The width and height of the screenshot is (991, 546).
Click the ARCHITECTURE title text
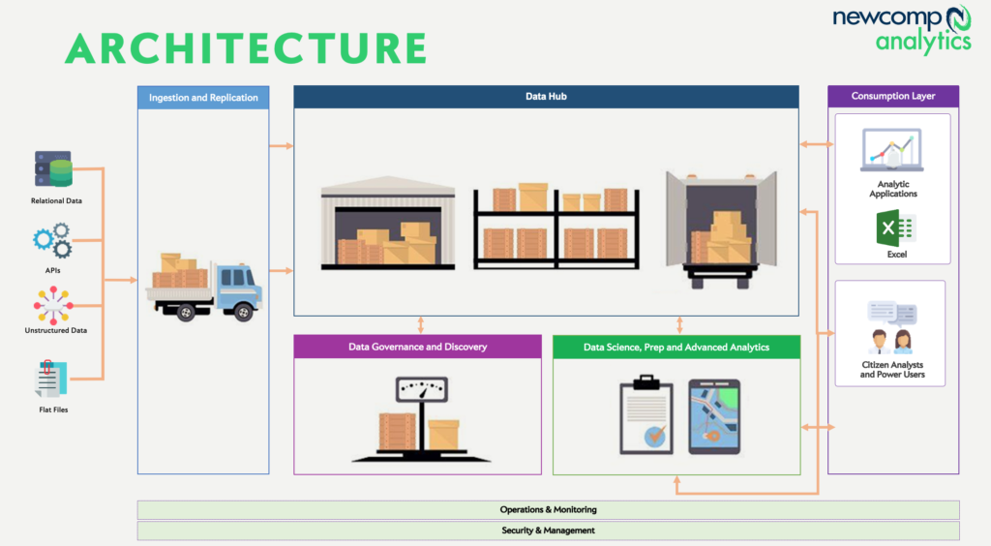coord(246,47)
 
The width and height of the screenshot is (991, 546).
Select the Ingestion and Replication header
coord(203,98)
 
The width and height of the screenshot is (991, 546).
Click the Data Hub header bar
coord(546,97)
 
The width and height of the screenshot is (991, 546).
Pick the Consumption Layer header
coord(893,96)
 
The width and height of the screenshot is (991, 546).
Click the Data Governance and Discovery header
coord(417,347)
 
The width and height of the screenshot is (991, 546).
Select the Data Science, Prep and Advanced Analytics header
coord(676,347)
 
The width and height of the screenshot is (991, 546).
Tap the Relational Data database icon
coord(54,169)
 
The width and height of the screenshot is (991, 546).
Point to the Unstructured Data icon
coord(52,304)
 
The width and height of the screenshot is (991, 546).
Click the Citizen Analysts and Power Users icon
coord(891,329)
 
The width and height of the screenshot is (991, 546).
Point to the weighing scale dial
coord(419,390)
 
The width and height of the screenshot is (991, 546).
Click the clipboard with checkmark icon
coord(646,416)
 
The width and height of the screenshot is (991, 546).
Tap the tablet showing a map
coord(714,416)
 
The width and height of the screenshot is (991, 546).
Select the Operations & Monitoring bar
coord(548,509)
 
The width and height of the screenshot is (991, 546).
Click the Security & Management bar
coord(548,531)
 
